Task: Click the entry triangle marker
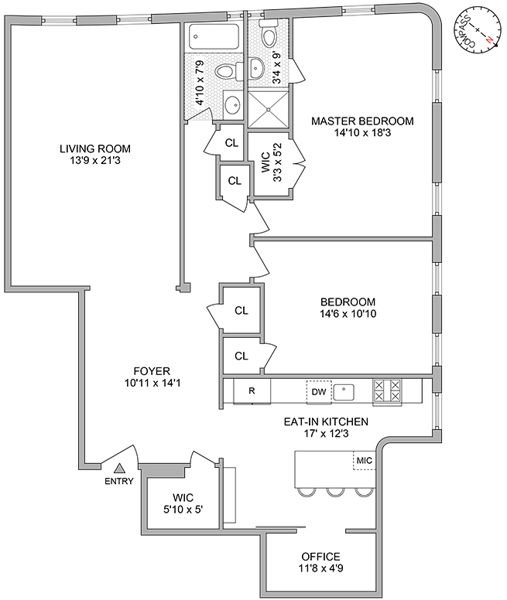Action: coord(120,468)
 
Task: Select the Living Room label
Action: coord(95,148)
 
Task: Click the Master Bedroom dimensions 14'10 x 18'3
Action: coord(362,133)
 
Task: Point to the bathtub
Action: coord(214,36)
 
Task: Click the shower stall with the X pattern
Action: coord(268,110)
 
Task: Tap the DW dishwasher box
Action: coord(319,391)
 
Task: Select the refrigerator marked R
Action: coord(252,390)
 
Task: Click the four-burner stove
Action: coord(387,390)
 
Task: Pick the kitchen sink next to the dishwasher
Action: coord(344,392)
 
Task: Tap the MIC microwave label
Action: coord(364,460)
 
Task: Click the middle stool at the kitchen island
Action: coord(335,492)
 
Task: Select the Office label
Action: coord(320,557)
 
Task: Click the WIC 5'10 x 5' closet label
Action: coord(183,503)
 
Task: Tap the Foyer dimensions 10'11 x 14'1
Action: coord(152,383)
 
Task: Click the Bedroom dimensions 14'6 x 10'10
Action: coord(348,314)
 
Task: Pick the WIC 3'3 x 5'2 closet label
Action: coord(271,162)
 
